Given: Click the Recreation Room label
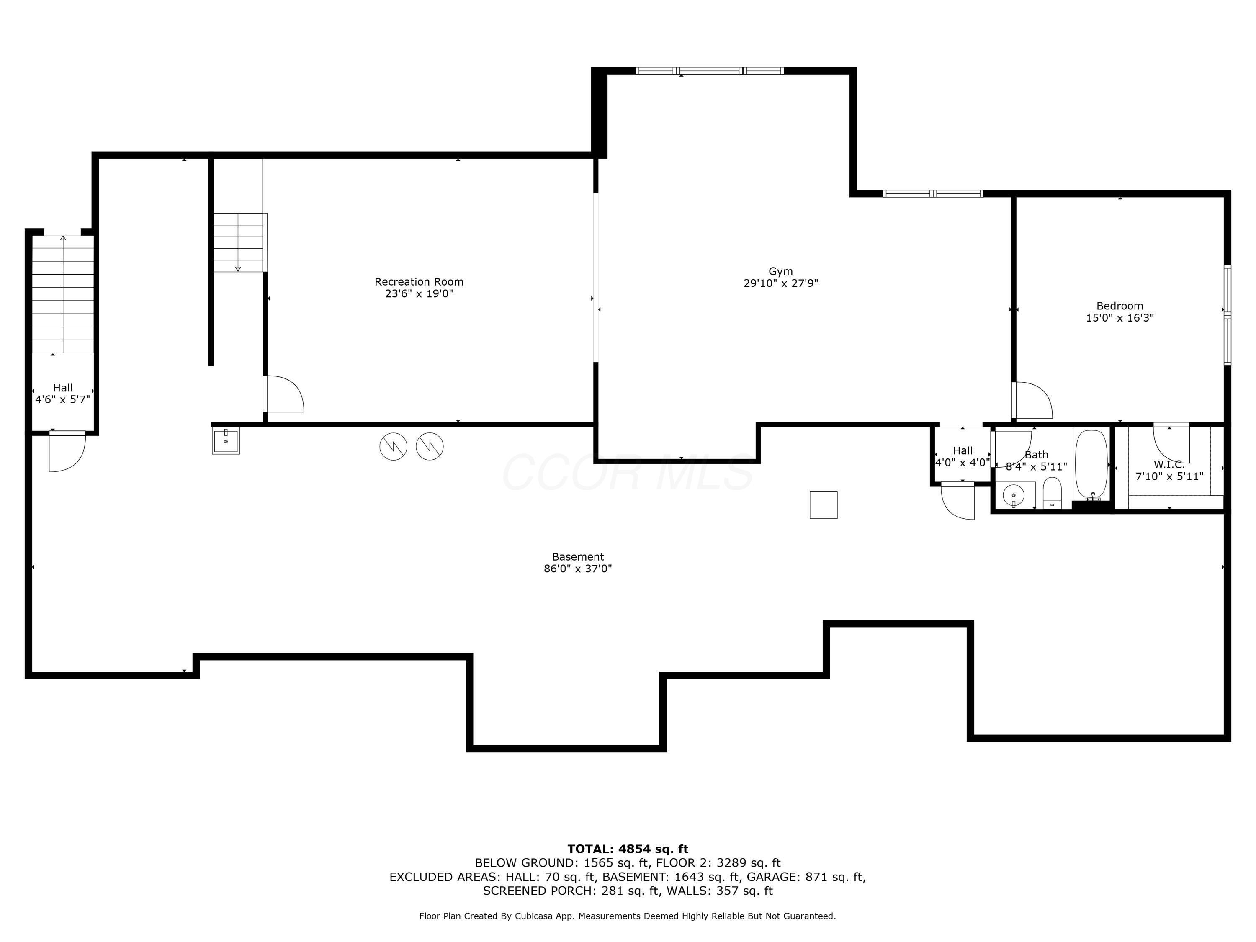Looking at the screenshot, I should pyautogui.click(x=419, y=282).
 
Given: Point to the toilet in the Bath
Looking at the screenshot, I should pyautogui.click(x=1052, y=493).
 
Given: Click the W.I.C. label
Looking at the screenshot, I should pyautogui.click(x=1168, y=464).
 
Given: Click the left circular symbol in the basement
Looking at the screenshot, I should pyautogui.click(x=394, y=446).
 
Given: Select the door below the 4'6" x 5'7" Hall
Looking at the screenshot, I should pyautogui.click(x=67, y=451).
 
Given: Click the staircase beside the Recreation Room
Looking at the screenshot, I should pyautogui.click(x=239, y=242).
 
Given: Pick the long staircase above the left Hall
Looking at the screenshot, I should pyautogui.click(x=62, y=294).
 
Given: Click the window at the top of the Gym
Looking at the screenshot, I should pyautogui.click(x=709, y=71).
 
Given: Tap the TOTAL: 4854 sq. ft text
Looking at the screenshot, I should pyautogui.click(x=628, y=849).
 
